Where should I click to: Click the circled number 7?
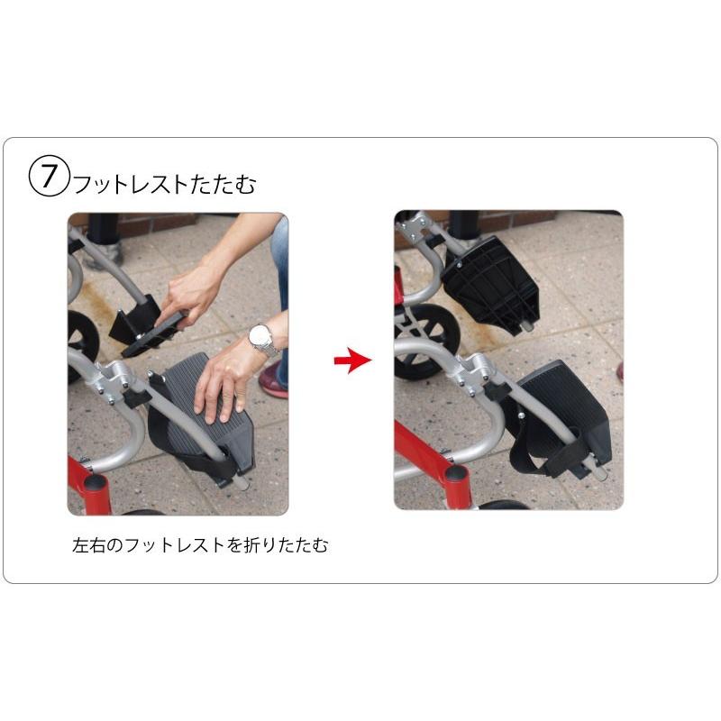click(x=49, y=176)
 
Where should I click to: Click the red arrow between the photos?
click(x=352, y=361)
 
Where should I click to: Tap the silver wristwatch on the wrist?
click(x=261, y=340)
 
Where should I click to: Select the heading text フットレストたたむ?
click(x=163, y=185)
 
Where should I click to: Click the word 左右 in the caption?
click(x=88, y=545)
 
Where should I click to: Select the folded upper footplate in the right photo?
click(x=492, y=280)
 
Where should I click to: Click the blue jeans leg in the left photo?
click(x=280, y=261)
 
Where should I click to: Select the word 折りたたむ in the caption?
click(x=289, y=545)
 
